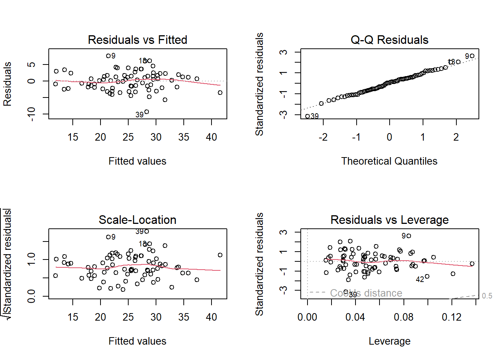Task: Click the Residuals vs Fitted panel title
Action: pyautogui.click(x=137, y=40)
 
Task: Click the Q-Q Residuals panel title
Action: pyautogui.click(x=389, y=40)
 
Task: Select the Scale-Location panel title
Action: pyautogui.click(x=137, y=220)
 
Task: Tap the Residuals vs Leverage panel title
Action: pyautogui.click(x=389, y=220)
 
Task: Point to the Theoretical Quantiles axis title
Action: pyautogui.click(x=389, y=161)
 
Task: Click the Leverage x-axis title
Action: pyautogui.click(x=389, y=341)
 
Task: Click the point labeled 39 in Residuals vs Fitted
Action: pyautogui.click(x=147, y=112)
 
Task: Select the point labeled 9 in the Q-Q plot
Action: pyautogui.click(x=472, y=56)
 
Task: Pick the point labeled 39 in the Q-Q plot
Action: pyautogui.click(x=307, y=116)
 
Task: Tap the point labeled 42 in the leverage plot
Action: pyautogui.click(x=427, y=276)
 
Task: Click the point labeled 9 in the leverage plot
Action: pyautogui.click(x=409, y=236)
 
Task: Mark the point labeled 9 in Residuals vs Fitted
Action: pyautogui.click(x=108, y=56)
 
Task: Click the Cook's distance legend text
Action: pyautogui.click(x=366, y=293)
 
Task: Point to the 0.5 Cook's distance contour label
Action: pyautogui.click(x=487, y=296)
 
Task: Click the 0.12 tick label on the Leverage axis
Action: pyautogui.click(x=451, y=317)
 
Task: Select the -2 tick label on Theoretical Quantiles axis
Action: pyautogui.click(x=323, y=137)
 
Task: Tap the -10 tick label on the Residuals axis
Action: pyautogui.click(x=31, y=114)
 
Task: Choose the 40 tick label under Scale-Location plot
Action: pyautogui.click(x=211, y=317)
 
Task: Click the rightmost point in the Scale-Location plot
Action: pyautogui.click(x=220, y=255)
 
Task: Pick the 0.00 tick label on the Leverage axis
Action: pyautogui.click(x=307, y=317)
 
